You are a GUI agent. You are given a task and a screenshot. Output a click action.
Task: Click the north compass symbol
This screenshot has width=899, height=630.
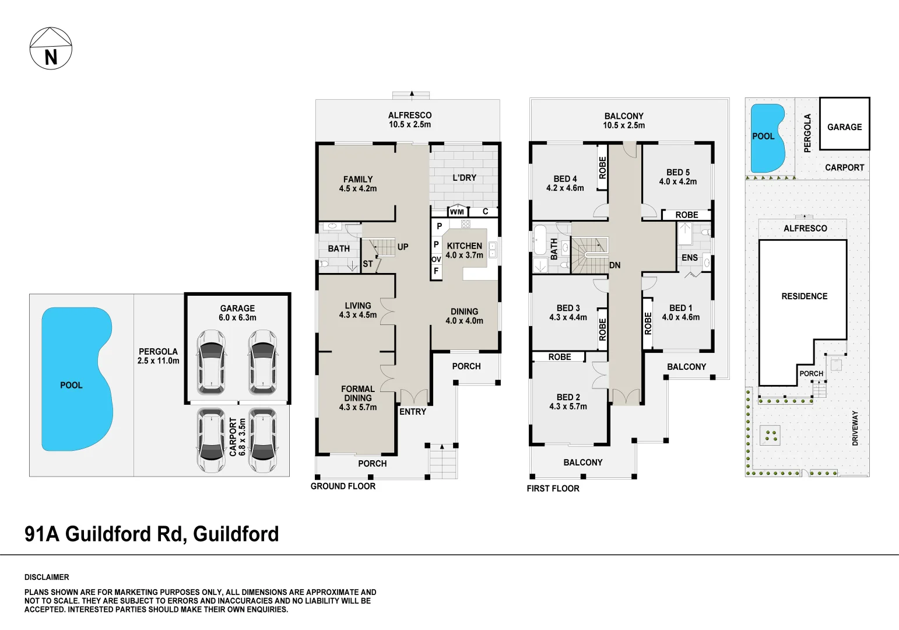[51, 48]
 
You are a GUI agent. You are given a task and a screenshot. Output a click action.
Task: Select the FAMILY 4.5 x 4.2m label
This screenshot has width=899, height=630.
[358, 184]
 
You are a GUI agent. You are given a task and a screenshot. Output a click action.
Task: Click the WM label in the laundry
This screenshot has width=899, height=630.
[457, 212]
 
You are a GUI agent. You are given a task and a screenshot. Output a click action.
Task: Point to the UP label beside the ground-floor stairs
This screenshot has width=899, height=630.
[403, 247]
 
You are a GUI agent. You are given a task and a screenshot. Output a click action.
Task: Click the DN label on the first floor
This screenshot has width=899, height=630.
[614, 265]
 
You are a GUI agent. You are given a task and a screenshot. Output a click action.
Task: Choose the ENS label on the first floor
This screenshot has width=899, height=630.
[689, 257]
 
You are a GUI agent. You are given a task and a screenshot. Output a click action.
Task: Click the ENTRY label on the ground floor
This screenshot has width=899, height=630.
[413, 411]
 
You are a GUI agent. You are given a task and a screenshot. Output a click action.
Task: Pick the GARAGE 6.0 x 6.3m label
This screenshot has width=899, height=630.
[237, 313]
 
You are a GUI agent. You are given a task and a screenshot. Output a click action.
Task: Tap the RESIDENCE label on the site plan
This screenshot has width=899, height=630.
[804, 296]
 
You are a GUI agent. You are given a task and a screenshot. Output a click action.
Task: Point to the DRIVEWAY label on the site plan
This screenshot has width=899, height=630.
[855, 428]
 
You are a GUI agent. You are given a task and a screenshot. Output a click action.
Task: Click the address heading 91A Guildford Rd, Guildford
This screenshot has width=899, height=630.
[152, 534]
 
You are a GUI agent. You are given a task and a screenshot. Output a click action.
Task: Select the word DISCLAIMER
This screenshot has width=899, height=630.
[47, 577]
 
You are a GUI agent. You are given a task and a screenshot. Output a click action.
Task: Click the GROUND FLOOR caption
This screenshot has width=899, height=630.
[343, 486]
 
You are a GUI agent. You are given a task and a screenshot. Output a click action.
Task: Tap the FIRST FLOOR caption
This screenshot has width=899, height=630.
[553, 488]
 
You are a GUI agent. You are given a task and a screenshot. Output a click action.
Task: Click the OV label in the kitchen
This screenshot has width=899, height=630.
[436, 259]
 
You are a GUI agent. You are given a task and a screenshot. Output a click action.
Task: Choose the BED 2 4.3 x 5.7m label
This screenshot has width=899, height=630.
[568, 402]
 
